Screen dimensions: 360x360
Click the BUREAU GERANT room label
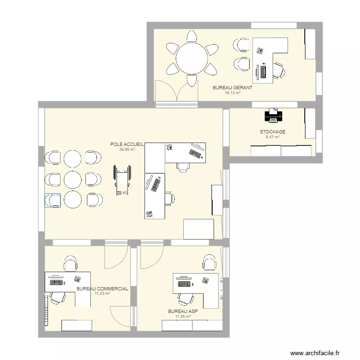click(232, 88)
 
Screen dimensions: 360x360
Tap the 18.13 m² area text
click(232, 93)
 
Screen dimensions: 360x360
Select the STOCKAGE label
click(272, 132)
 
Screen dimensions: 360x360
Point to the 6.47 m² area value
click(272, 137)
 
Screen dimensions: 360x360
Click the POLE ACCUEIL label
click(127, 144)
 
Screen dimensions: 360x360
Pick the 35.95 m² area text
click(127, 149)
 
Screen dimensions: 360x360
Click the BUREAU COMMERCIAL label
click(102, 289)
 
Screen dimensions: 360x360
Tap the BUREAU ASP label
click(183, 312)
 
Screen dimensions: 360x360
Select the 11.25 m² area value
click(183, 316)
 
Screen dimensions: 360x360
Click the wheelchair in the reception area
click(122, 179)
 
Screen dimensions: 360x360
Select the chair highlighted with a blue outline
click(52, 200)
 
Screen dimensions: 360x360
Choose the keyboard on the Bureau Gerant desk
click(264, 71)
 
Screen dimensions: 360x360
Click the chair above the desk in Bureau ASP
click(209, 262)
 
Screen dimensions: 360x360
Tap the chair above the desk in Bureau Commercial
click(71, 263)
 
